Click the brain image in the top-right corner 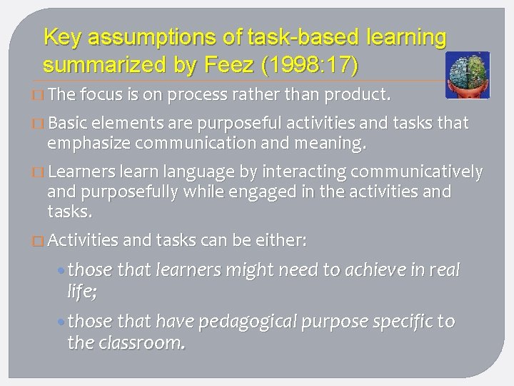467,74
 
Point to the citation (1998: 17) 311,65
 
